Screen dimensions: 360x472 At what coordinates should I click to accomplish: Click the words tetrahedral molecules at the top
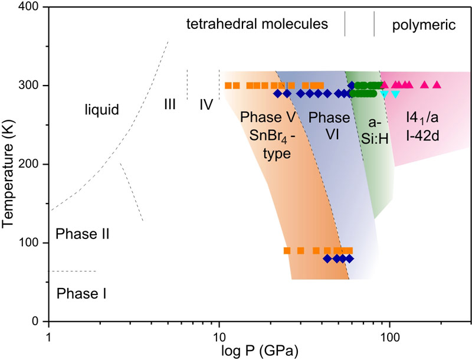coord(257,25)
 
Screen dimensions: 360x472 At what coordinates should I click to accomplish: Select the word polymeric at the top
coord(424,25)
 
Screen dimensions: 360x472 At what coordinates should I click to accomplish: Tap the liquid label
coord(101,109)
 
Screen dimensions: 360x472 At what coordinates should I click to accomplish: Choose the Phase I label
coord(81,292)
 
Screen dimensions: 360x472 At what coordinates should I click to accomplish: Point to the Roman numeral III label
coord(170,105)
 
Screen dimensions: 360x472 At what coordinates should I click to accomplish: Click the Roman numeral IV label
coord(206,105)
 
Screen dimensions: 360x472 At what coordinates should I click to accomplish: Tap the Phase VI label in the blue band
coord(325,125)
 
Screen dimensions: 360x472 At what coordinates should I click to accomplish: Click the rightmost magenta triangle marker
coord(437,85)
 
